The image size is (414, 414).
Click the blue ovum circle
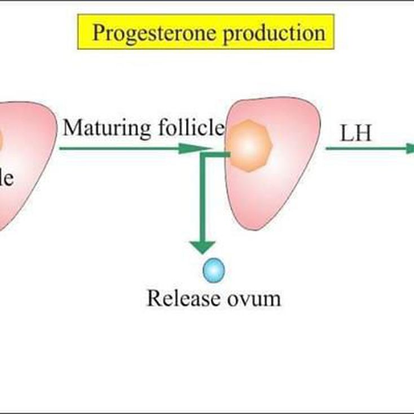pos(214,270)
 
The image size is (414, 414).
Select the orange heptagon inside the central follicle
pos(250,146)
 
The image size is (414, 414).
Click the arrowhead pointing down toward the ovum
pos(202,246)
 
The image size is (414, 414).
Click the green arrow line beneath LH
pos(367,149)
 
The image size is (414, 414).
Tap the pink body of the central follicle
pos(271,192)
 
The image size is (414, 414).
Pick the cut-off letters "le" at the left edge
pos(6,179)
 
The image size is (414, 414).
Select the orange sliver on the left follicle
pos(1,141)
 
